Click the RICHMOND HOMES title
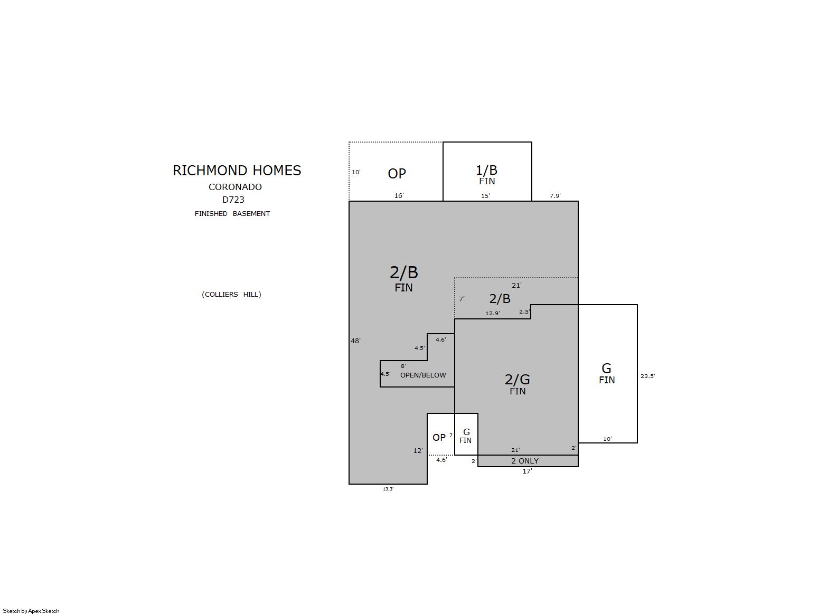pyautogui.click(x=237, y=171)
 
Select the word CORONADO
pyautogui.click(x=235, y=187)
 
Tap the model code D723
pyautogui.click(x=233, y=200)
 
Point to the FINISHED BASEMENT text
pyautogui.click(x=232, y=214)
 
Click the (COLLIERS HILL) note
pyautogui.click(x=231, y=294)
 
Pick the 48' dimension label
pyautogui.click(x=355, y=341)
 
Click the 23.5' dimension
pyautogui.click(x=647, y=376)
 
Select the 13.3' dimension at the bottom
pyautogui.click(x=388, y=489)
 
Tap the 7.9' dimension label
pyautogui.click(x=555, y=196)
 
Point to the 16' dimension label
pyautogui.click(x=399, y=196)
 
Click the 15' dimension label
pyautogui.click(x=485, y=196)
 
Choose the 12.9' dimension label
pyautogui.click(x=493, y=314)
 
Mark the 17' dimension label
pyautogui.click(x=527, y=471)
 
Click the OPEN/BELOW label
pyautogui.click(x=423, y=375)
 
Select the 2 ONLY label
pyautogui.click(x=525, y=461)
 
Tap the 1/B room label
pyautogui.click(x=486, y=171)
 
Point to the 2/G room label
pyautogui.click(x=517, y=380)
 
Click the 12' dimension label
pyautogui.click(x=418, y=451)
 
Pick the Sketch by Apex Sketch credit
pyautogui.click(x=31, y=611)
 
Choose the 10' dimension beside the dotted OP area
pyautogui.click(x=356, y=172)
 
